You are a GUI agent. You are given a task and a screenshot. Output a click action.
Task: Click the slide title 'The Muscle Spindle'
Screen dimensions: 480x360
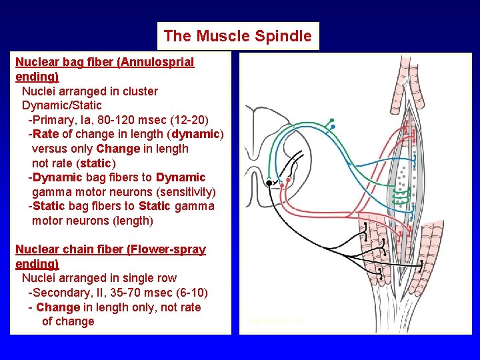237,36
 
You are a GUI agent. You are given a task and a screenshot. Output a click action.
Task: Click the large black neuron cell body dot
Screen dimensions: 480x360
269,182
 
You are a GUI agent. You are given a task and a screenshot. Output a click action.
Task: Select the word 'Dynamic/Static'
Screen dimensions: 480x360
62,105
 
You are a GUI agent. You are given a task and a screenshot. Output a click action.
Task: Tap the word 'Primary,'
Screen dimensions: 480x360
55,120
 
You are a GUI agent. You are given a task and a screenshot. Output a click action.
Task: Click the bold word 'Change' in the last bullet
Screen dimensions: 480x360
57,307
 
